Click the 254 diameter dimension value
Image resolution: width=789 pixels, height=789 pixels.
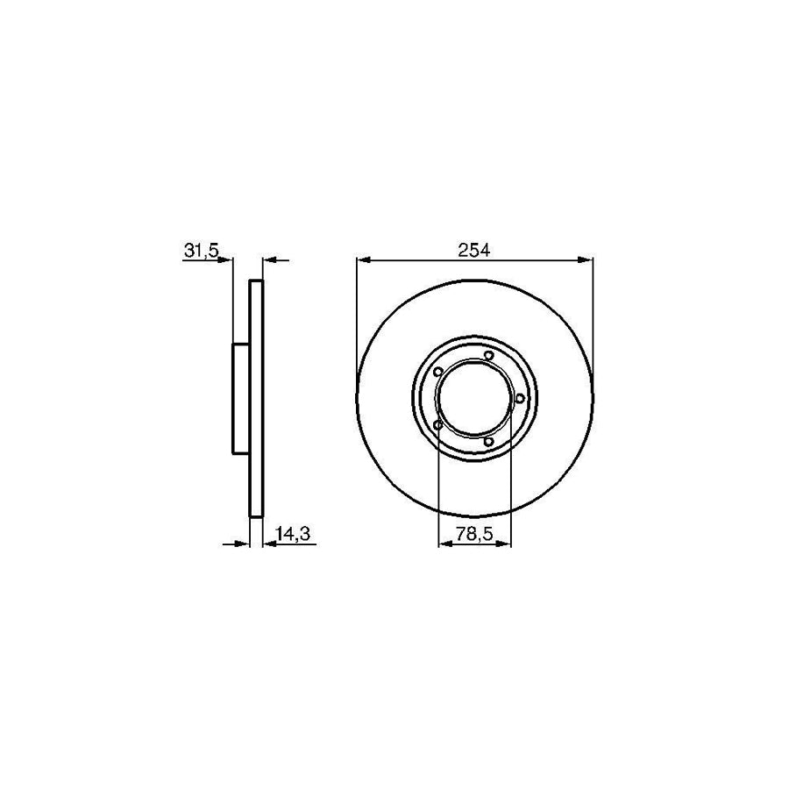474,249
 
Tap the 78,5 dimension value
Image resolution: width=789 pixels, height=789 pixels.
473,533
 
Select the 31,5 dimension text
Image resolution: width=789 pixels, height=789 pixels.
201,250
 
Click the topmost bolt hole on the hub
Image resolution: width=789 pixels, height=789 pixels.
487,355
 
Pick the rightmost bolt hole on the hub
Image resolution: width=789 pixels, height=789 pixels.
520,399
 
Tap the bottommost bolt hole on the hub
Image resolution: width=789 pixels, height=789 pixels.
488,441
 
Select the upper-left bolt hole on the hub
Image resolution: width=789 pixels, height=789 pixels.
437,371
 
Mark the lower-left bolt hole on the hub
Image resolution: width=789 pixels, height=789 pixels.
437,426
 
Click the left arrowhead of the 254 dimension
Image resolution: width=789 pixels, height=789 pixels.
364,259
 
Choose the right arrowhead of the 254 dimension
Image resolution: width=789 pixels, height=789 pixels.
586,259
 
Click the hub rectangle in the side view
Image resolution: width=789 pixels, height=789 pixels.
241,399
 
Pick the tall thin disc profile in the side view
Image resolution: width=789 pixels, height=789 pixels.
256,399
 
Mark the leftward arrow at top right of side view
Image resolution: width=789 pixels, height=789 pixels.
270,259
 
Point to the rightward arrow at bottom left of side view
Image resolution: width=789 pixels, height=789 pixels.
242,544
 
